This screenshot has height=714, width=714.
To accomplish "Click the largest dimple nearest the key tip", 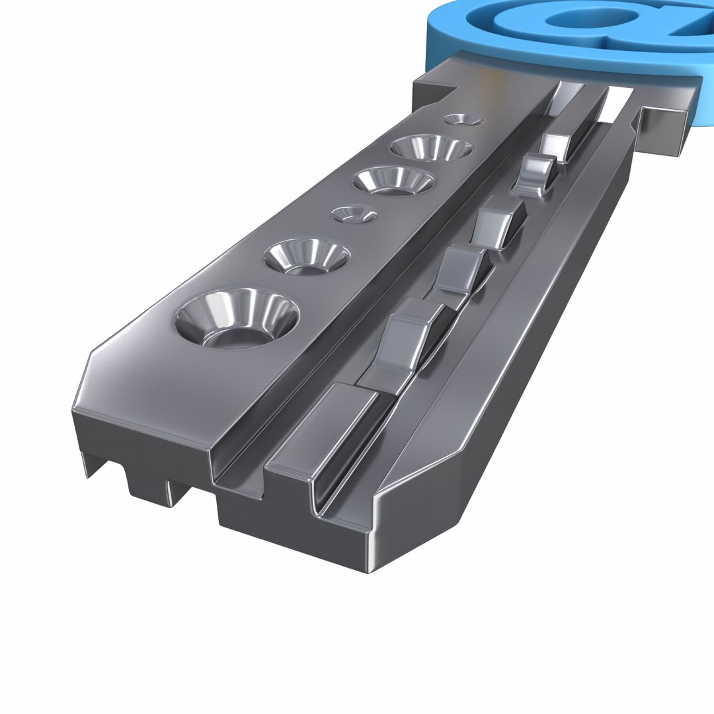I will pyautogui.click(x=237, y=319).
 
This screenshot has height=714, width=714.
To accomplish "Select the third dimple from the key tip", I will pyautogui.click(x=354, y=214).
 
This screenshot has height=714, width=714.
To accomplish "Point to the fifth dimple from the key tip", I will pyautogui.click(x=431, y=148).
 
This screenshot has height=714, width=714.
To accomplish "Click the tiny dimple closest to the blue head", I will pyautogui.click(x=463, y=120).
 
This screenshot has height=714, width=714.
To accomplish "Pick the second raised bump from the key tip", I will pyautogui.click(x=459, y=268).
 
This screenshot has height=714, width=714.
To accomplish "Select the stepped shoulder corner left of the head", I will pyautogui.click(x=433, y=86).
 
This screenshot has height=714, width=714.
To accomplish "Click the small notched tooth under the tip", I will pyautogui.click(x=149, y=486).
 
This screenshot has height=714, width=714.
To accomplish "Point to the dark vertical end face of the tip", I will pyautogui.click(x=291, y=535).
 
